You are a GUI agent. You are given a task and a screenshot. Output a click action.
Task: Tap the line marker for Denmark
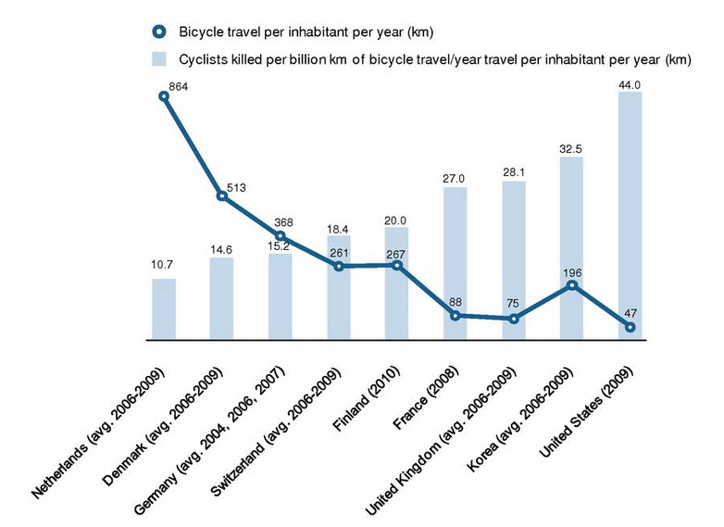(222, 195)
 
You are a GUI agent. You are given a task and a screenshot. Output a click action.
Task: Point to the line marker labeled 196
(572, 285)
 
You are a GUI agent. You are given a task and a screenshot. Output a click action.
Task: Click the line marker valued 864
(164, 95)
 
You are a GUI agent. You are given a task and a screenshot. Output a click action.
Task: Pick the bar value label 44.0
(630, 84)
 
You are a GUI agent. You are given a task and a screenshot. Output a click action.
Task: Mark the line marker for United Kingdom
(514, 319)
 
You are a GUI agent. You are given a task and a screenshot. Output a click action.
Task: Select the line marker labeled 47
(630, 327)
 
